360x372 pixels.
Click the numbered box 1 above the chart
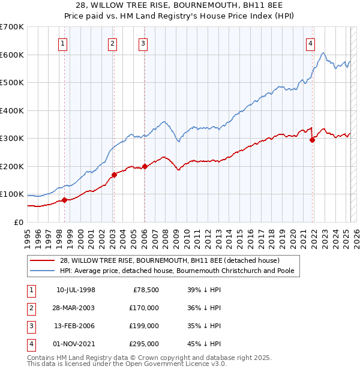[63, 43]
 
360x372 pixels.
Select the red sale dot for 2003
[114, 175]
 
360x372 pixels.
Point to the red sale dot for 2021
[312, 140]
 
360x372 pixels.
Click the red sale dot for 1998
[64, 200]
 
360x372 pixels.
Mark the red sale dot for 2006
[145, 167]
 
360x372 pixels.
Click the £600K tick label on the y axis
[12, 55]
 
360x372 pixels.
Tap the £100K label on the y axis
[12, 194]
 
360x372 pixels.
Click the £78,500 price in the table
[146, 290]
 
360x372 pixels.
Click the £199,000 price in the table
[145, 326]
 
